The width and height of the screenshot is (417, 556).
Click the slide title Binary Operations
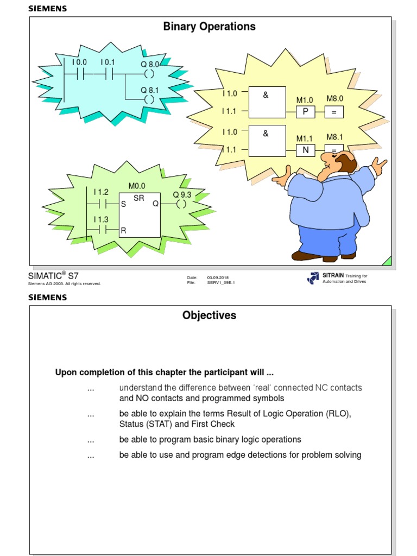[209, 27]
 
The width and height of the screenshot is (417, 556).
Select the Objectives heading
[209, 315]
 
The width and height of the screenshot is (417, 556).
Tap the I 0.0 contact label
[79, 62]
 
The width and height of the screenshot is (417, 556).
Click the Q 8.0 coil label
[150, 64]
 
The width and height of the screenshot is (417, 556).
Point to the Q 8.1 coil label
[150, 90]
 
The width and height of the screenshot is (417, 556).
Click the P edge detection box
[305, 112]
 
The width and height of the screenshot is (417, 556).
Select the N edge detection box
[305, 150]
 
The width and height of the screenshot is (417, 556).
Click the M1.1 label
[305, 139]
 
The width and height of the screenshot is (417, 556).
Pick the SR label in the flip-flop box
[139, 198]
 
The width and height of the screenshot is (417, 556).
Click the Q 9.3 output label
[182, 194]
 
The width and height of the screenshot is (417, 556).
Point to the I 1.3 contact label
[100, 219]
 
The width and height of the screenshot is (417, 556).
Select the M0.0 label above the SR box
[137, 186]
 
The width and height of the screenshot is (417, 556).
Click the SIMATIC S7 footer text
[53, 275]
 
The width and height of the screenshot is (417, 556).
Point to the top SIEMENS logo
[47, 9]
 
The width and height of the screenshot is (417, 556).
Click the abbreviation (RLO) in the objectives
[338, 414]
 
